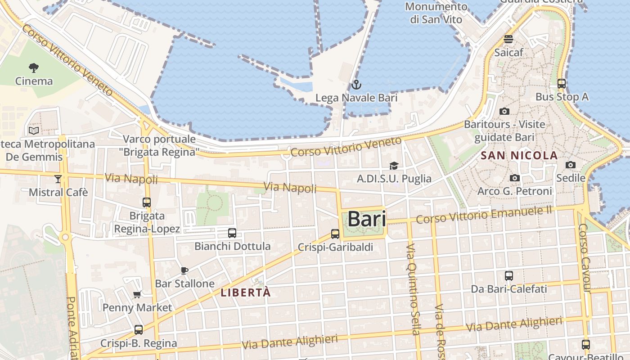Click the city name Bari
[367, 220]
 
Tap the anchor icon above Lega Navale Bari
[356, 84]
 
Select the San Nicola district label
[519, 156]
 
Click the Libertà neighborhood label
[246, 292]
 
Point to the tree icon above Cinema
[34, 68]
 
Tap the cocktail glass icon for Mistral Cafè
[58, 179]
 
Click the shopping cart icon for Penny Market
[137, 295]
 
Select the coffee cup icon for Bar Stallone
[184, 270]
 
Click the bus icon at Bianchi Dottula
[232, 233]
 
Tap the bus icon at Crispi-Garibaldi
[335, 234]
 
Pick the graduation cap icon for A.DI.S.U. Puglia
[394, 166]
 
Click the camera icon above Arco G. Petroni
[515, 178]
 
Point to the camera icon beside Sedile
[571, 165]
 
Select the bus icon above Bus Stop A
[562, 84]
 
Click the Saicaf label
[509, 53]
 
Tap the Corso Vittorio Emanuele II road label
[484, 215]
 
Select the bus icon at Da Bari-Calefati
[509, 276]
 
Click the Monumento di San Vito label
[436, 13]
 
